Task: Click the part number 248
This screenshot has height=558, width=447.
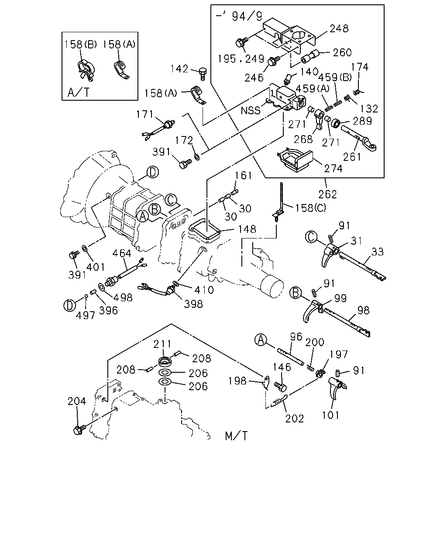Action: (339, 28)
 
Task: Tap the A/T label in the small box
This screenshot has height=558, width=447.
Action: (79, 92)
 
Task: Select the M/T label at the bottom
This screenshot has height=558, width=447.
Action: (236, 436)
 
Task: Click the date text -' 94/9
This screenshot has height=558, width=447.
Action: (239, 16)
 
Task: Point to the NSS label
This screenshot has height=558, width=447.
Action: (251, 111)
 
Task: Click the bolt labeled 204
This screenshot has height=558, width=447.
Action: (79, 430)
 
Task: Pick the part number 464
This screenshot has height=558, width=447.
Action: (121, 253)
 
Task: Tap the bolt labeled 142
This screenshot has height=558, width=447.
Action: (203, 74)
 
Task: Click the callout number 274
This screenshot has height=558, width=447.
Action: (333, 169)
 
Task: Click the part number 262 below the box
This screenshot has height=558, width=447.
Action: (327, 194)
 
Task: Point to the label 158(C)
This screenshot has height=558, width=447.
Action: (310, 208)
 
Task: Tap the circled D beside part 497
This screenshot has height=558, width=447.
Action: (69, 305)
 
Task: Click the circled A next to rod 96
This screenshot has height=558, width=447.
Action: (261, 340)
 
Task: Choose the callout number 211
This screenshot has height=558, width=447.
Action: (162, 344)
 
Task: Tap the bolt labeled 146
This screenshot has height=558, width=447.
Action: (281, 387)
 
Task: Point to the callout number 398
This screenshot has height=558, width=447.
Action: (193, 304)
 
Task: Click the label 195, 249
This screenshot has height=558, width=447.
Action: (241, 59)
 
